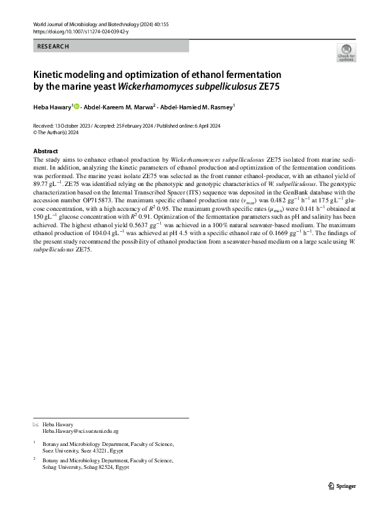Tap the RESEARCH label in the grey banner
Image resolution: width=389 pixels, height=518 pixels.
click(x=53, y=46)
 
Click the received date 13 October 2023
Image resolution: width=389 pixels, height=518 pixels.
click(x=73, y=124)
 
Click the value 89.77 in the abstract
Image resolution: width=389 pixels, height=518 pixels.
click(x=42, y=185)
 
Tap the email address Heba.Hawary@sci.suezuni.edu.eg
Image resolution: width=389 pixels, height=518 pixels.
click(x=80, y=432)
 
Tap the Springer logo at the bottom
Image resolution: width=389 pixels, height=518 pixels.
click(x=342, y=485)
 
